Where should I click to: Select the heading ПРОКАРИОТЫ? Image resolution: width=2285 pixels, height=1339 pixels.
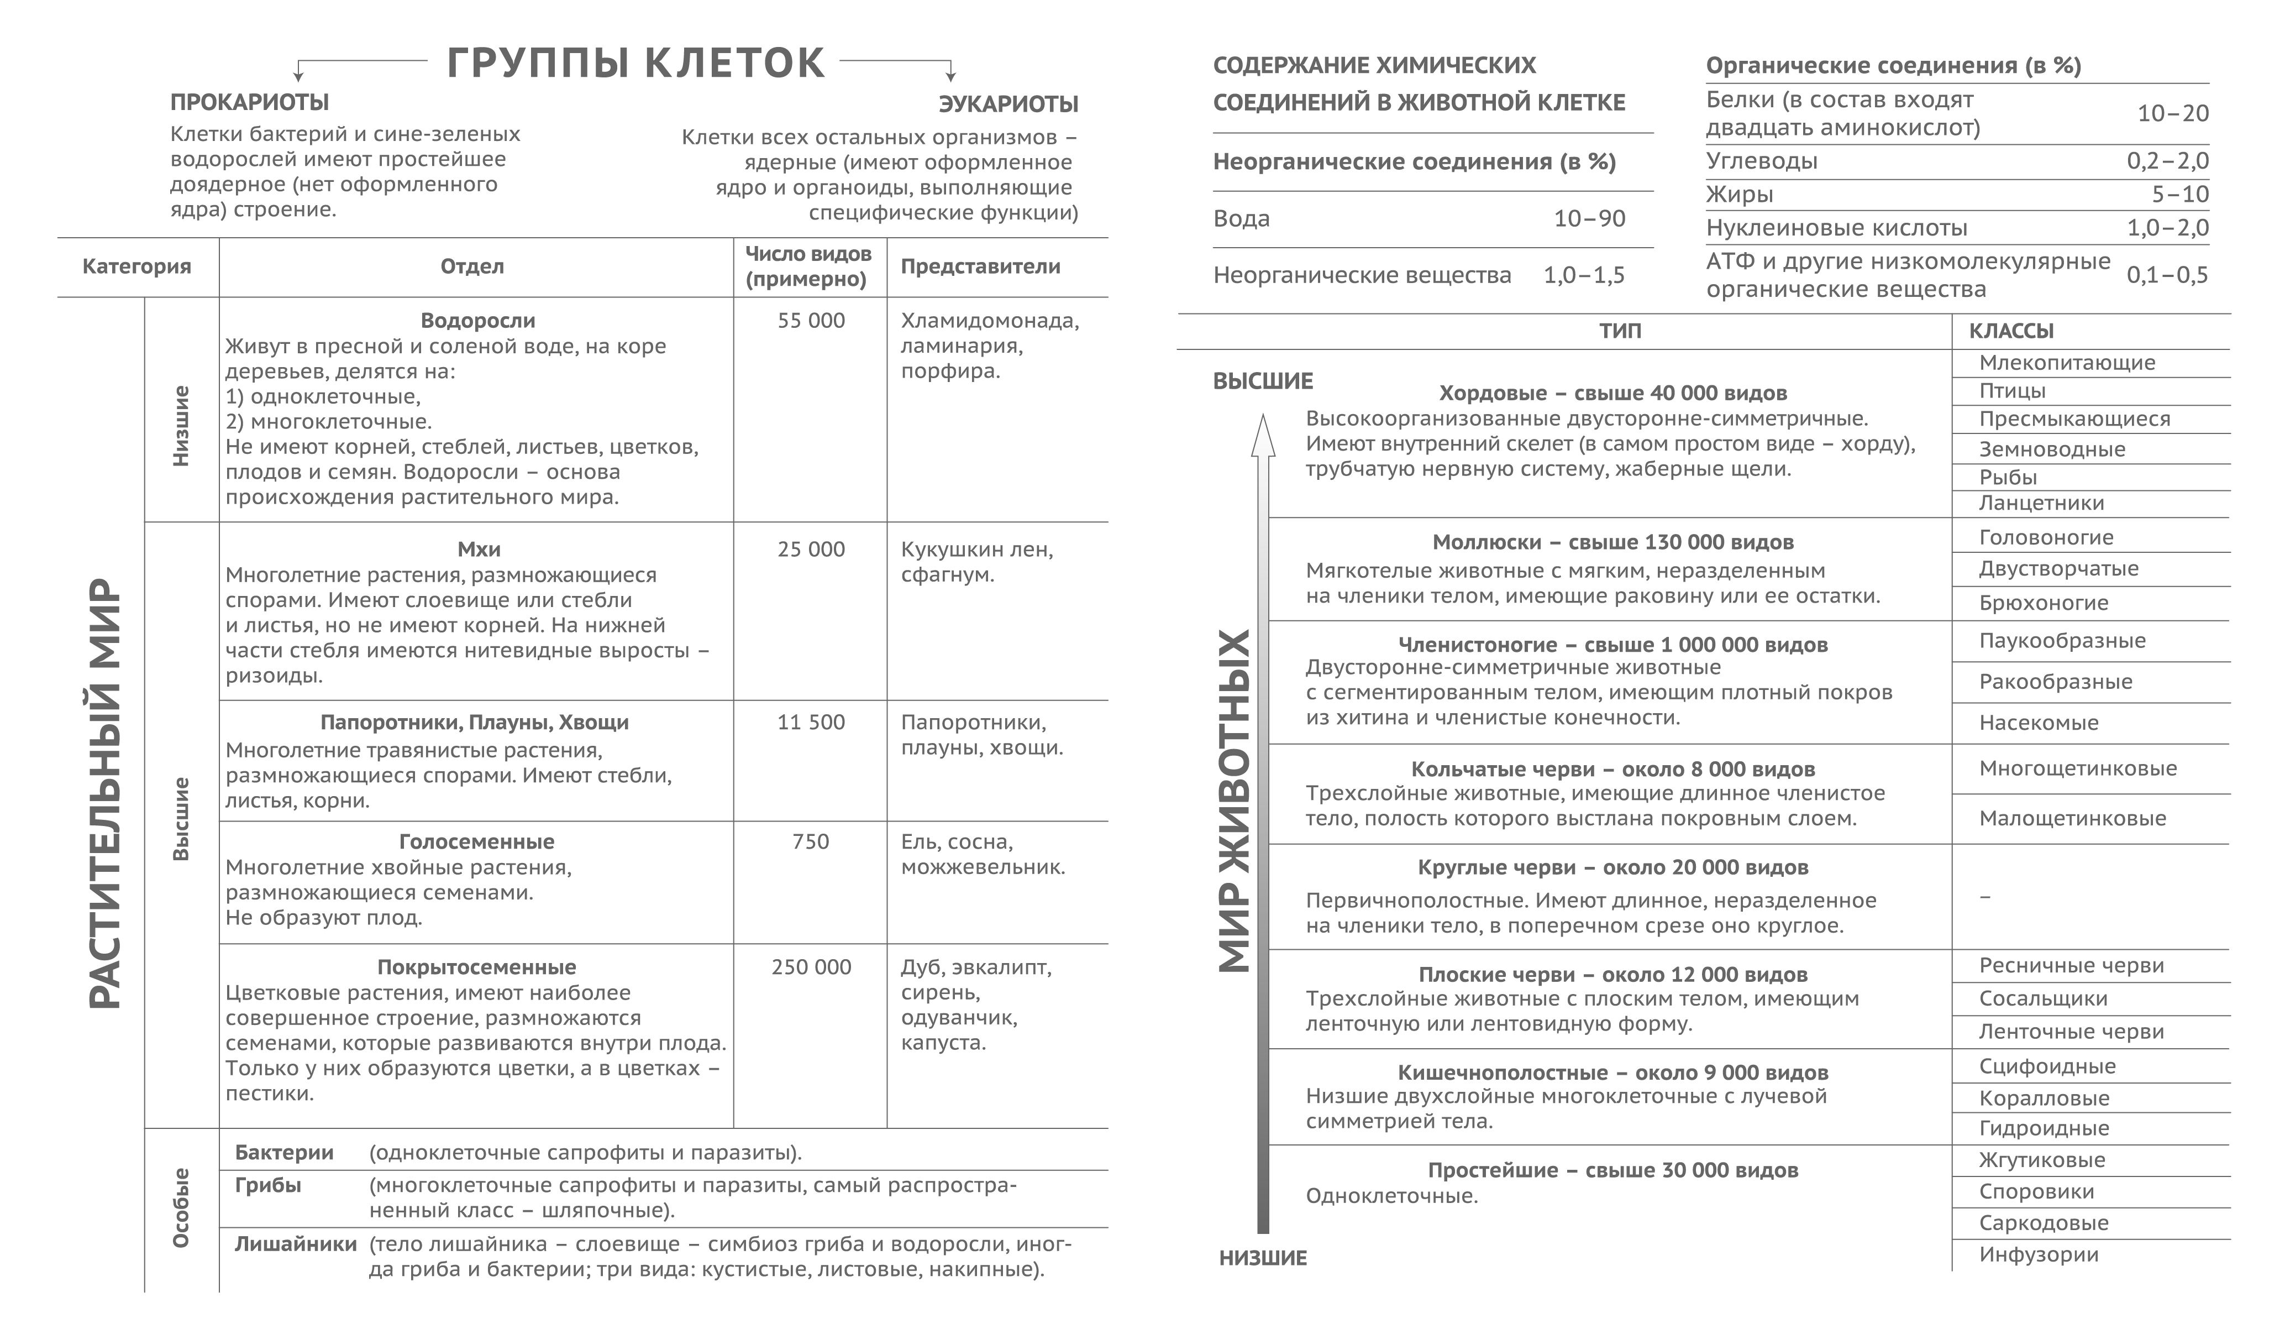tap(249, 102)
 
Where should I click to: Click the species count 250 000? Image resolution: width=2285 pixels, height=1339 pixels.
tap(811, 967)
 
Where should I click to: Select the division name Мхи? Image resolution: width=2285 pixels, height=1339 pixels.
tap(478, 549)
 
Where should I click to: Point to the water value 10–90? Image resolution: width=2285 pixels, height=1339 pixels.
tap(1589, 218)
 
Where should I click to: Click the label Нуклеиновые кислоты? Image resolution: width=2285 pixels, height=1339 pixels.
tap(1836, 228)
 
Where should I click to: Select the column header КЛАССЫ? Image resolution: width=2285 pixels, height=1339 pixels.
tap(2010, 331)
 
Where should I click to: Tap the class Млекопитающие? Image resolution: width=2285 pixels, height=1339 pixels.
tap(2067, 363)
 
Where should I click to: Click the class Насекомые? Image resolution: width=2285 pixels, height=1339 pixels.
tap(2039, 723)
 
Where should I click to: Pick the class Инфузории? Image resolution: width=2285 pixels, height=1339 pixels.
tap(2039, 1254)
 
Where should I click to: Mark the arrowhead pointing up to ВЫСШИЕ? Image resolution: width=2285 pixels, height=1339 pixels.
tap(1262, 436)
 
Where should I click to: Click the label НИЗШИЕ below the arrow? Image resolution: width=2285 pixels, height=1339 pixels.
tap(1262, 1258)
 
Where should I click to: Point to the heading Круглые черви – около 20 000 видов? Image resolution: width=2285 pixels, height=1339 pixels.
tap(1612, 867)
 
